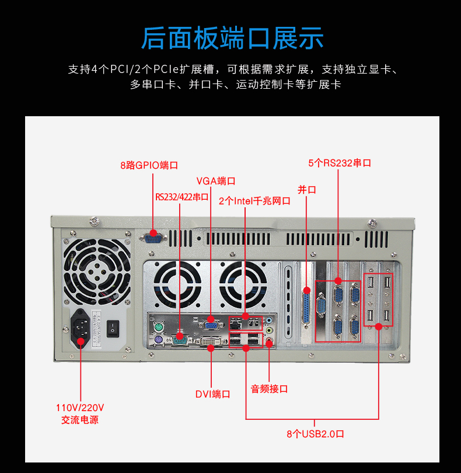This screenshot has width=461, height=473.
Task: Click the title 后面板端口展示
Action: coord(232,38)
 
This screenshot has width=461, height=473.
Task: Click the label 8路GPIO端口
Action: coord(149,165)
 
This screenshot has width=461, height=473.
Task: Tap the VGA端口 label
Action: coord(216,181)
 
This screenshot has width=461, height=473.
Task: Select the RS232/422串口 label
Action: coord(181,197)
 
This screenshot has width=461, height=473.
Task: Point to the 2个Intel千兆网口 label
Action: coord(254,201)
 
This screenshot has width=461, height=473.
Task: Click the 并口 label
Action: coord(307,190)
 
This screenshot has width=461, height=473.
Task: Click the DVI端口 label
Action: coord(212,394)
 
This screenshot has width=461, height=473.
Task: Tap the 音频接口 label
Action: coord(269,388)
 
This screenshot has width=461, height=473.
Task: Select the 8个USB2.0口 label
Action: coord(315,434)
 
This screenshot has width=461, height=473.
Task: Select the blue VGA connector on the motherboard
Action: coord(211,324)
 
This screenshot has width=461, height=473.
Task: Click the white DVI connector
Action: coord(209,341)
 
